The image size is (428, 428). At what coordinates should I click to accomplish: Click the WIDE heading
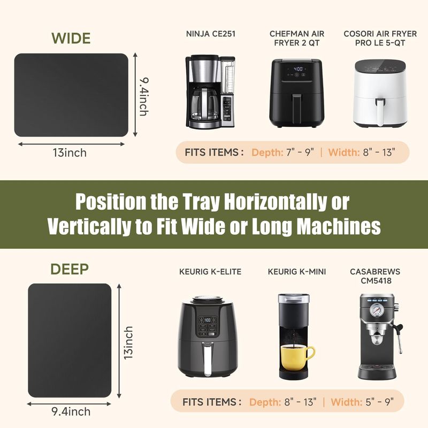pyautogui.click(x=71, y=38)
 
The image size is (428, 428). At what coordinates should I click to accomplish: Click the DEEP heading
pyautogui.click(x=70, y=269)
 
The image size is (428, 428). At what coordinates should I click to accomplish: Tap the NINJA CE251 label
pyautogui.click(x=210, y=34)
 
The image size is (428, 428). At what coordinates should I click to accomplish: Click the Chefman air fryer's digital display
pyautogui.click(x=298, y=69)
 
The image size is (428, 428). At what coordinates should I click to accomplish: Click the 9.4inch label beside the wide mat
pyautogui.click(x=144, y=97)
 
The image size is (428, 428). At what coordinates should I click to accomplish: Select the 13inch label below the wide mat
pyautogui.click(x=70, y=152)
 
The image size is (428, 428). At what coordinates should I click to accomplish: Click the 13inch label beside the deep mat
pyautogui.click(x=128, y=343)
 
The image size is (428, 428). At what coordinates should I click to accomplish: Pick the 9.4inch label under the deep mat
pyautogui.click(x=71, y=411)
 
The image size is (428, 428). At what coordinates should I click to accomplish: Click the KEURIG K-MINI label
pyautogui.click(x=297, y=272)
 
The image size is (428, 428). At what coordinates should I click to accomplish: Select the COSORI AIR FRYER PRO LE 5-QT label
pyautogui.click(x=380, y=38)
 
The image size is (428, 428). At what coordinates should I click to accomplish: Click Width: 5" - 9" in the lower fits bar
pyautogui.click(x=362, y=402)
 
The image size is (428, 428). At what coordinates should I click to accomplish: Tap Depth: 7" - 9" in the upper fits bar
pyautogui.click(x=282, y=152)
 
